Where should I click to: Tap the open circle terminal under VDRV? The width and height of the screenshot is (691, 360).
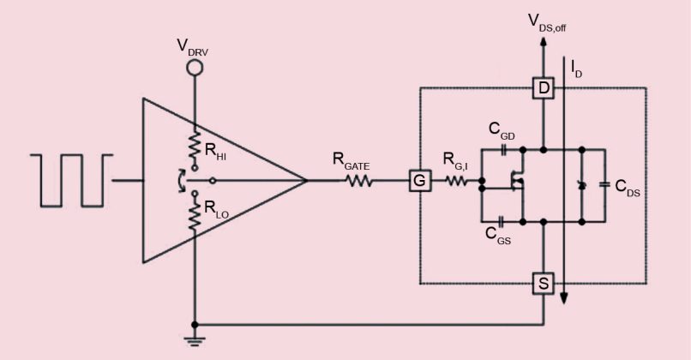[195, 69]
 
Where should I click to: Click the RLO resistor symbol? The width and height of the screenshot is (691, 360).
[195, 216]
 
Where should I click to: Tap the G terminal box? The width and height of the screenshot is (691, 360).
[418, 181]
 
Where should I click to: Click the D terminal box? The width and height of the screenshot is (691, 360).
[544, 87]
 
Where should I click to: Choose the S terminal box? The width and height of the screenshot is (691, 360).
[544, 282]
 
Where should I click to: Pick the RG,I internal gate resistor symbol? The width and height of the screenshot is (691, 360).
[455, 181]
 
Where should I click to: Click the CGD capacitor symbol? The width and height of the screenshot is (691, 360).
[503, 147]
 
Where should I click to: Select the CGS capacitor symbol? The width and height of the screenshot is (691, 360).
[499, 220]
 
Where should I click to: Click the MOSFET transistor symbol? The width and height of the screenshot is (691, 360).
[517, 182]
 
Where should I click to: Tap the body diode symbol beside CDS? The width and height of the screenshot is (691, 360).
[581, 184]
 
